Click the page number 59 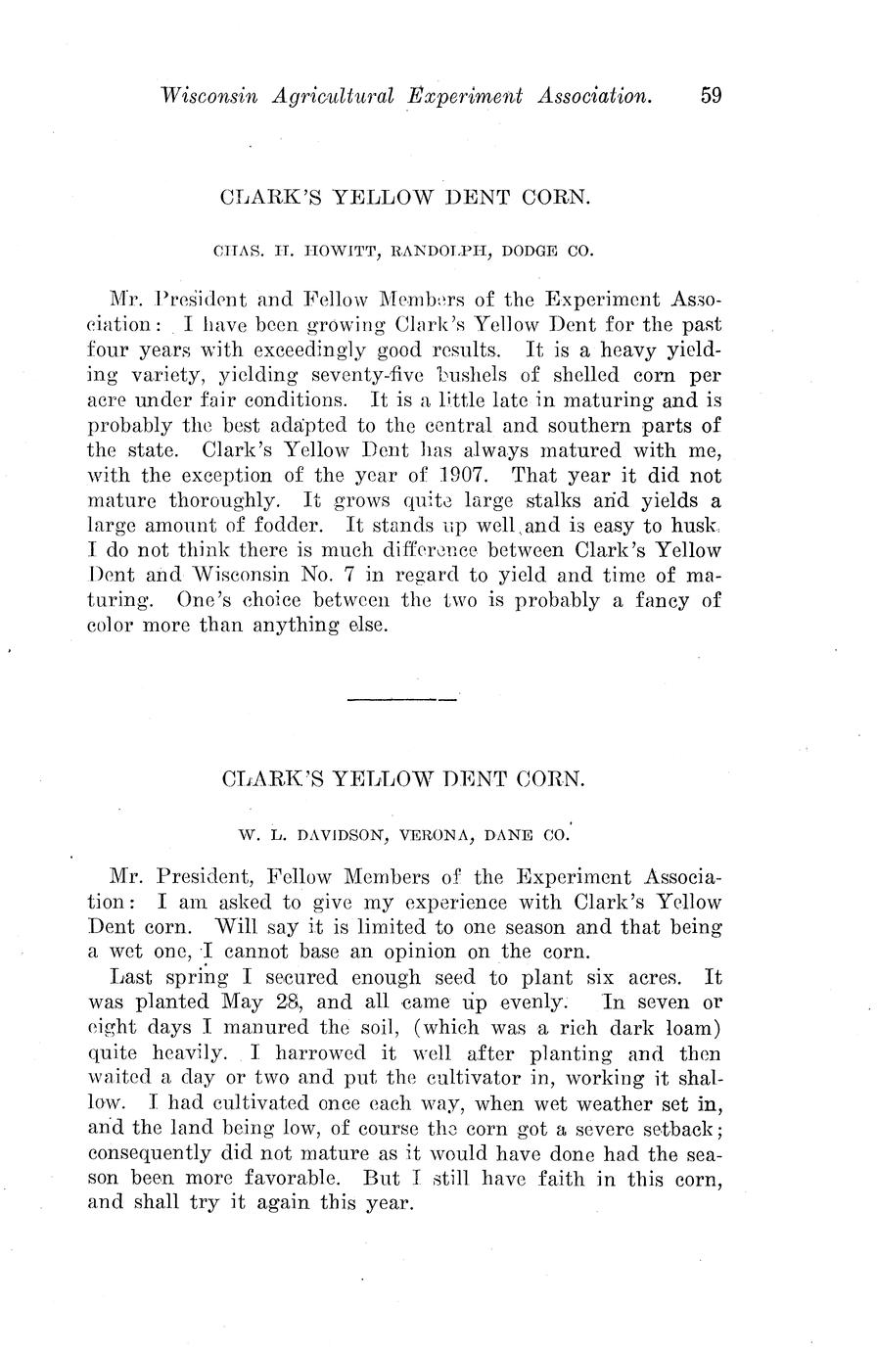click(711, 95)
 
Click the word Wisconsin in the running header click(202, 95)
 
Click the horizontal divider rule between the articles click(403, 699)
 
